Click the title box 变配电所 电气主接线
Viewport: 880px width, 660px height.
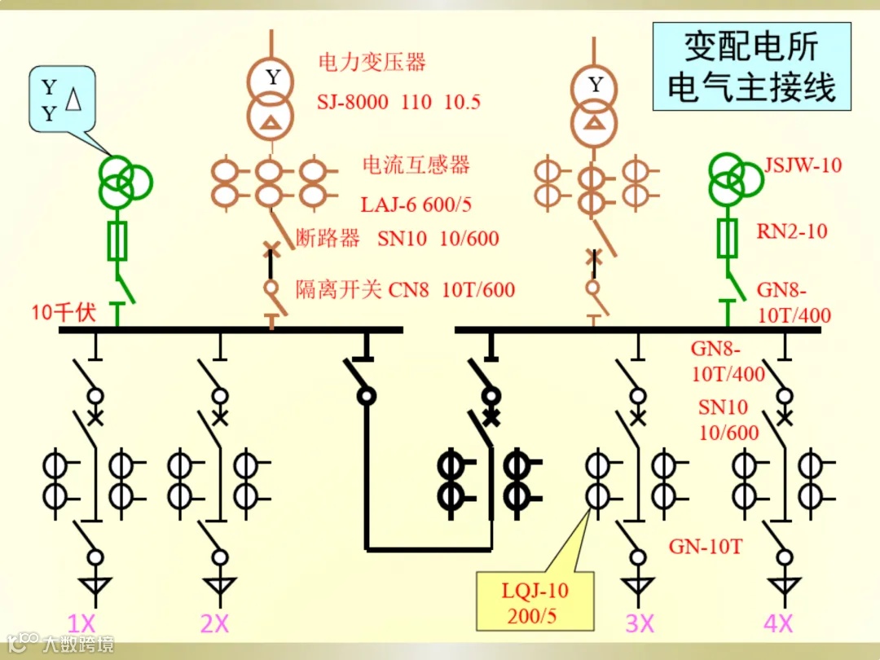pos(751,67)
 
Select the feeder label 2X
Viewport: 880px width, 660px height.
pos(214,624)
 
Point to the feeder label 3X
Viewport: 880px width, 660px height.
pos(640,624)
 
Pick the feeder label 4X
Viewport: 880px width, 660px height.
pos(778,624)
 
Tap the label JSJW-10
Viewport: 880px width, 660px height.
pos(803,165)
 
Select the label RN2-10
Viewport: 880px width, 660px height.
pos(791,231)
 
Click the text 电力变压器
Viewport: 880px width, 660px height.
pos(372,62)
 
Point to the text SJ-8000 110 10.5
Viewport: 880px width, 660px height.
pos(398,102)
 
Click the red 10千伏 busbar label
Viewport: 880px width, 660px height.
pos(64,311)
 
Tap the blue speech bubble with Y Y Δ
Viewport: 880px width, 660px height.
pos(62,99)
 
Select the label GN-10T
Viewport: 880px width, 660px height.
pos(706,547)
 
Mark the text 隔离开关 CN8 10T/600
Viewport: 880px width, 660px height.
pos(405,289)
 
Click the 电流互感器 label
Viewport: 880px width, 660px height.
pos(416,165)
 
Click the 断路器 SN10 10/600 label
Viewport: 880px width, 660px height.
pos(397,239)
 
